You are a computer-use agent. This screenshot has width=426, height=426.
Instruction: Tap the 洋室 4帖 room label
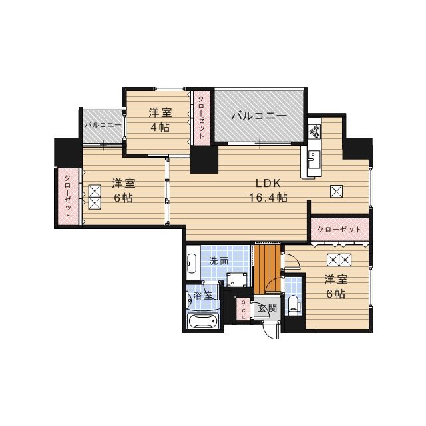coord(160,120)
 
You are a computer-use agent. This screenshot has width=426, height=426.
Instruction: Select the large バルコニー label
coord(259,116)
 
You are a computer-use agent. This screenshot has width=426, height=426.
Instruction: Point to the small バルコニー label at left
coord(102,124)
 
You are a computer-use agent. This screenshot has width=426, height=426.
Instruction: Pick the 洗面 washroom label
coord(218,261)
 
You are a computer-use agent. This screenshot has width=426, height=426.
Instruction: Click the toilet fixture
coord(294,305)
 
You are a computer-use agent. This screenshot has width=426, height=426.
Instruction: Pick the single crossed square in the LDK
coord(336,191)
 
